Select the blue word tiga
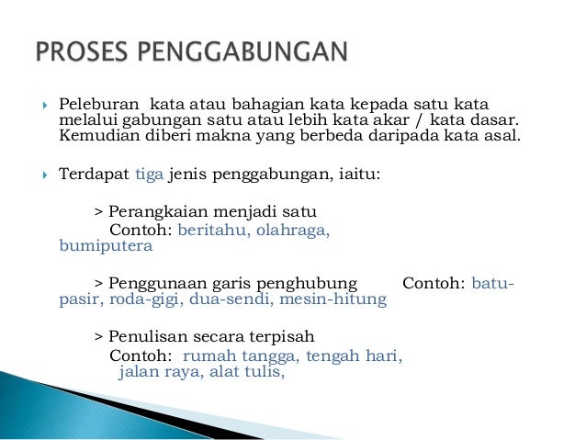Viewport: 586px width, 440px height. pos(149,173)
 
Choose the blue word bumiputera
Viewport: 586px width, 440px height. pos(99,245)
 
